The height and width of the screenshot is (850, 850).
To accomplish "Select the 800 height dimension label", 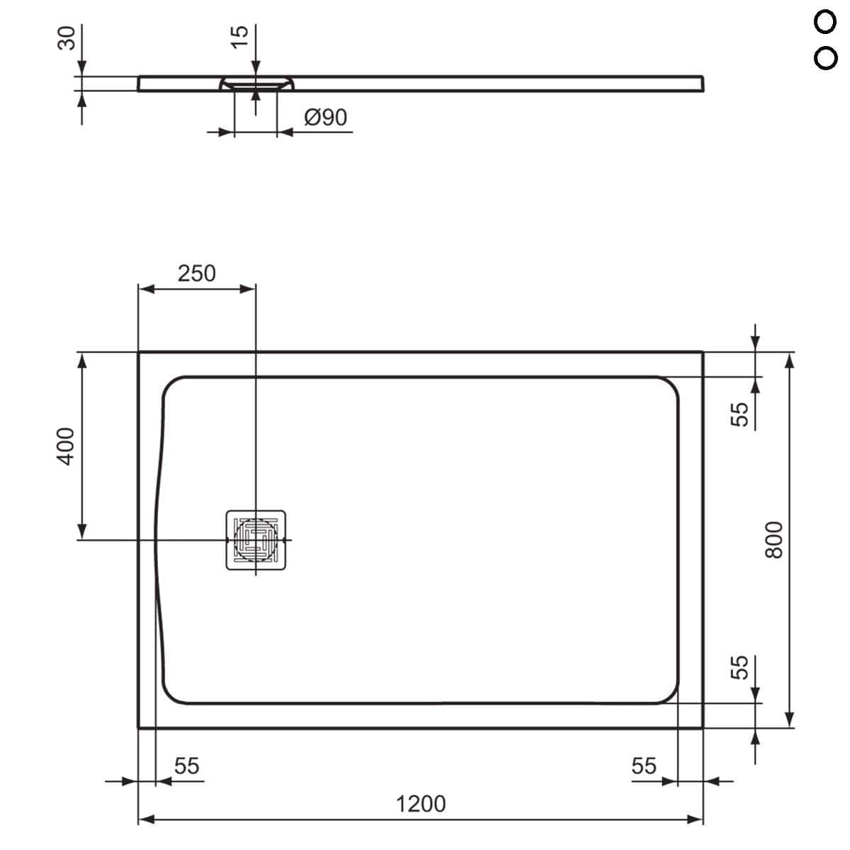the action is tap(774, 540).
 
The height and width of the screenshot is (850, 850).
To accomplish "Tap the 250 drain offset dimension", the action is tap(197, 273).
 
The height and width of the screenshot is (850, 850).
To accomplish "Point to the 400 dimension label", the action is tap(65, 446).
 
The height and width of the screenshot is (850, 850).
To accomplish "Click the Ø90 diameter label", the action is tap(326, 118).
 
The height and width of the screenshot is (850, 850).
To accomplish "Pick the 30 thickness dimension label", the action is tap(67, 38).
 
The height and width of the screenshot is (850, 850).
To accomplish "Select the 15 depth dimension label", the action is tap(239, 37).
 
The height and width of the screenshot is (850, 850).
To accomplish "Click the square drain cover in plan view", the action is tap(256, 540).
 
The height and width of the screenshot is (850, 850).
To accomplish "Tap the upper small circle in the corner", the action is tap(825, 22).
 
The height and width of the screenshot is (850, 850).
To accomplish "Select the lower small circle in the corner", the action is tap(825, 58).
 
